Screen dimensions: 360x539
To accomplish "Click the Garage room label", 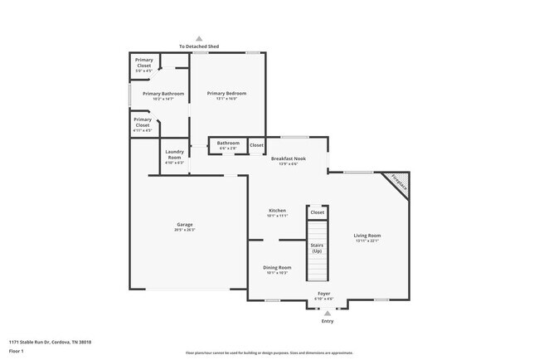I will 184,225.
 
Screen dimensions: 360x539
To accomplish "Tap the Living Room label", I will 367,236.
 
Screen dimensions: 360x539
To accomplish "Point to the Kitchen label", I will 277,211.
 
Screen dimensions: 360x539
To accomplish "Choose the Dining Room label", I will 277,267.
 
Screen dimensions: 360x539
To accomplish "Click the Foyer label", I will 324,294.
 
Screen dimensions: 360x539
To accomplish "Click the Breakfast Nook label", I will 288,158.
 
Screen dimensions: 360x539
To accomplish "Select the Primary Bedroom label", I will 226,94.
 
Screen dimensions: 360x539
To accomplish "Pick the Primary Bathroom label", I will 163,94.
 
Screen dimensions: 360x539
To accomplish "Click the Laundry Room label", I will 174,154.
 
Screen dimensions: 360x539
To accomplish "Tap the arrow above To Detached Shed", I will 198,38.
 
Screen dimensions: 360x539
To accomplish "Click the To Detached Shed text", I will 198,46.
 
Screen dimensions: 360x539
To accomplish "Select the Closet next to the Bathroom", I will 256,145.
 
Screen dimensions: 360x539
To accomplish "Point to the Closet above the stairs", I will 317,213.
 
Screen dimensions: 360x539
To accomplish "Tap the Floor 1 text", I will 17,351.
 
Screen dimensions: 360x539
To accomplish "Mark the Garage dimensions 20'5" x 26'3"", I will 184,230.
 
